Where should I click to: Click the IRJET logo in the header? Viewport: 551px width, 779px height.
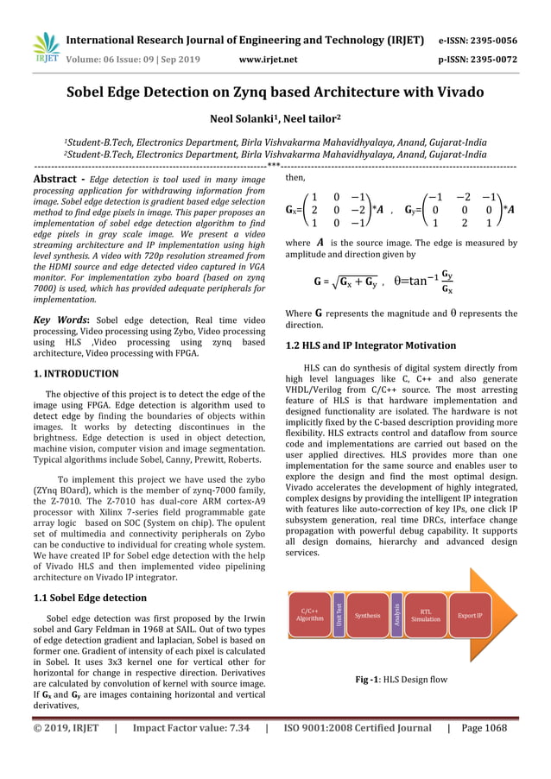[46, 48]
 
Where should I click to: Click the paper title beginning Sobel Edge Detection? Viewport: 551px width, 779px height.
[275, 92]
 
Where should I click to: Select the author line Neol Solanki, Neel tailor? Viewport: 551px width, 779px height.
[275, 119]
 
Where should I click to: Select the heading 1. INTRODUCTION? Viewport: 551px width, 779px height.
[76, 374]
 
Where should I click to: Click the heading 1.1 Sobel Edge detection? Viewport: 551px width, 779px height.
[90, 598]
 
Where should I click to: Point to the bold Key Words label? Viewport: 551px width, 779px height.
[56, 320]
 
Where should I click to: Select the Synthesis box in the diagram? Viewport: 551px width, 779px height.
[367, 615]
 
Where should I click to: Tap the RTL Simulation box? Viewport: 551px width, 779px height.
[425, 615]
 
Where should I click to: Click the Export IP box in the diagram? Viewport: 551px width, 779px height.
[470, 615]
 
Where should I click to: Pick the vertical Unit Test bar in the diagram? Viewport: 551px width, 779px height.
[339, 615]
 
